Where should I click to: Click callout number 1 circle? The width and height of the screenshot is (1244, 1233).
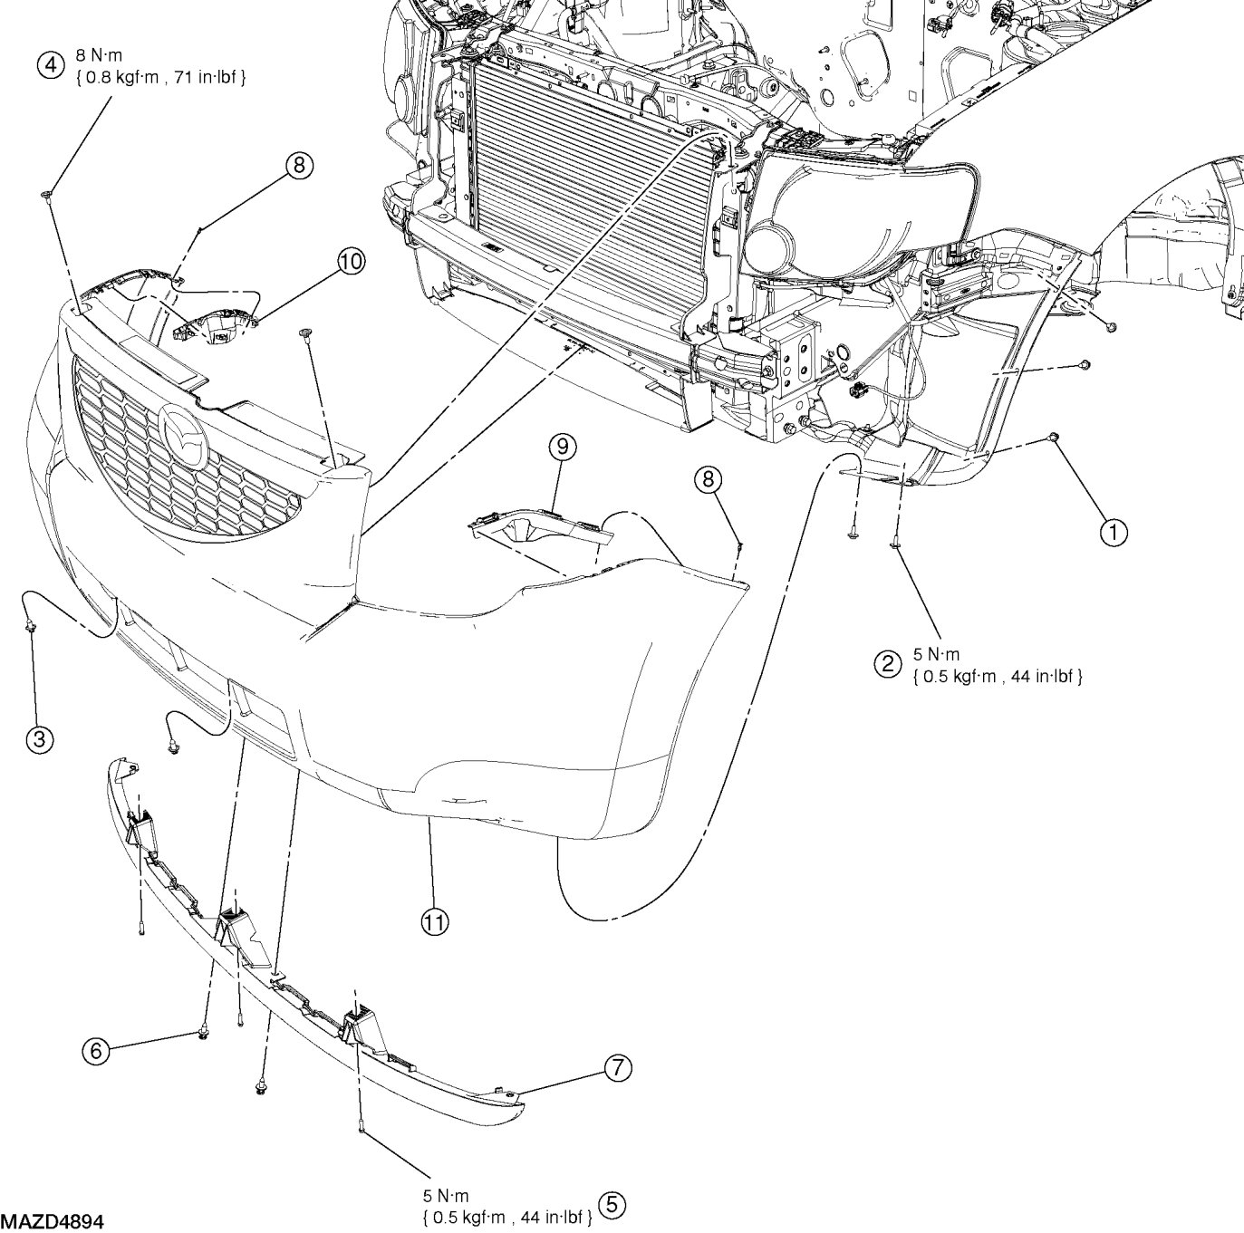coord(1114,533)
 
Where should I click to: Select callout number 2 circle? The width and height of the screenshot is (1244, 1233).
coord(886,664)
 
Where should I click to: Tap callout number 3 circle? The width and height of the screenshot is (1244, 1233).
coord(39,739)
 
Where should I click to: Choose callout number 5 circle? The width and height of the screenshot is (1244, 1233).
coord(613,1205)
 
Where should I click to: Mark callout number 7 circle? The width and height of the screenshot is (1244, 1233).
coord(618,1068)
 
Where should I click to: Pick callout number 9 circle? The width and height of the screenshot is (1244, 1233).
coord(562,446)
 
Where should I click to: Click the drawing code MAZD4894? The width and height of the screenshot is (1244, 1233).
coord(53,1222)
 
